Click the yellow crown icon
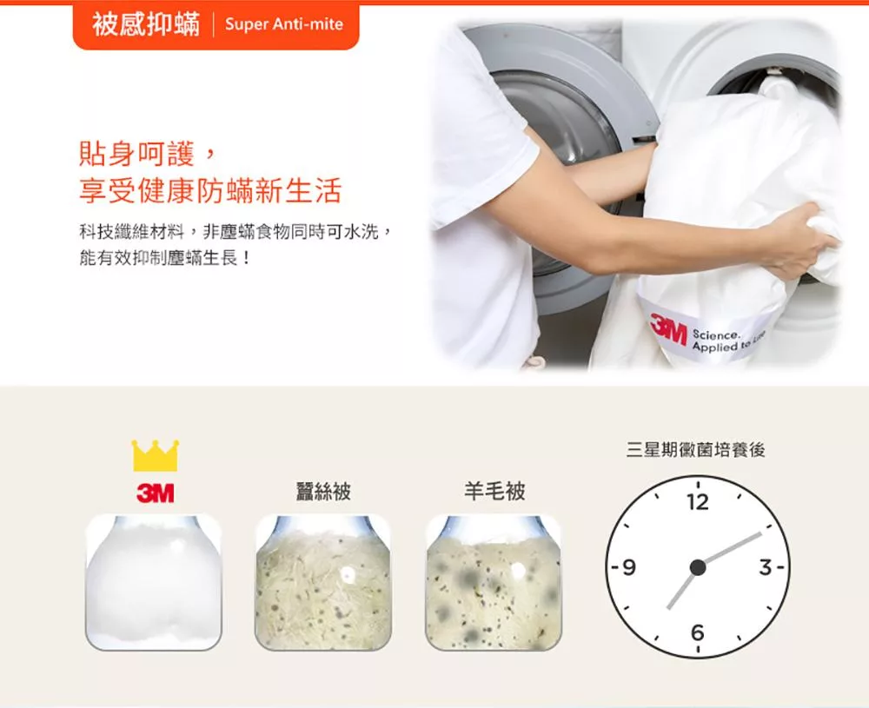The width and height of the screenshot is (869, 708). click(x=156, y=455)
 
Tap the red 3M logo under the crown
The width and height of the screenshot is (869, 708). click(x=156, y=493)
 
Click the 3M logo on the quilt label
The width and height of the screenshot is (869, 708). click(x=667, y=328)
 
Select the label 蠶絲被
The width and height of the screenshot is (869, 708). click(x=323, y=492)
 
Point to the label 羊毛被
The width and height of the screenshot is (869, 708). click(x=494, y=492)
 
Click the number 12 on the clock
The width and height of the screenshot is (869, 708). click(x=698, y=502)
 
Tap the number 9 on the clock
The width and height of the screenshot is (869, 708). click(x=628, y=567)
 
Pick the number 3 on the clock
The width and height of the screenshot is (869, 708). click(x=766, y=567)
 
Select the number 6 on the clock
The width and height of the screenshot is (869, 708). click(x=698, y=632)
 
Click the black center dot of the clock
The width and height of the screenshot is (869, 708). click(x=698, y=567)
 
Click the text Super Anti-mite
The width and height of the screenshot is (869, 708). click(x=284, y=24)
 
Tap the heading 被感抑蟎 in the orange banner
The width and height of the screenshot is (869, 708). click(x=146, y=24)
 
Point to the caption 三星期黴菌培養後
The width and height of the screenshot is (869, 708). click(x=695, y=450)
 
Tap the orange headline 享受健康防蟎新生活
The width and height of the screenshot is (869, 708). click(x=210, y=190)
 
